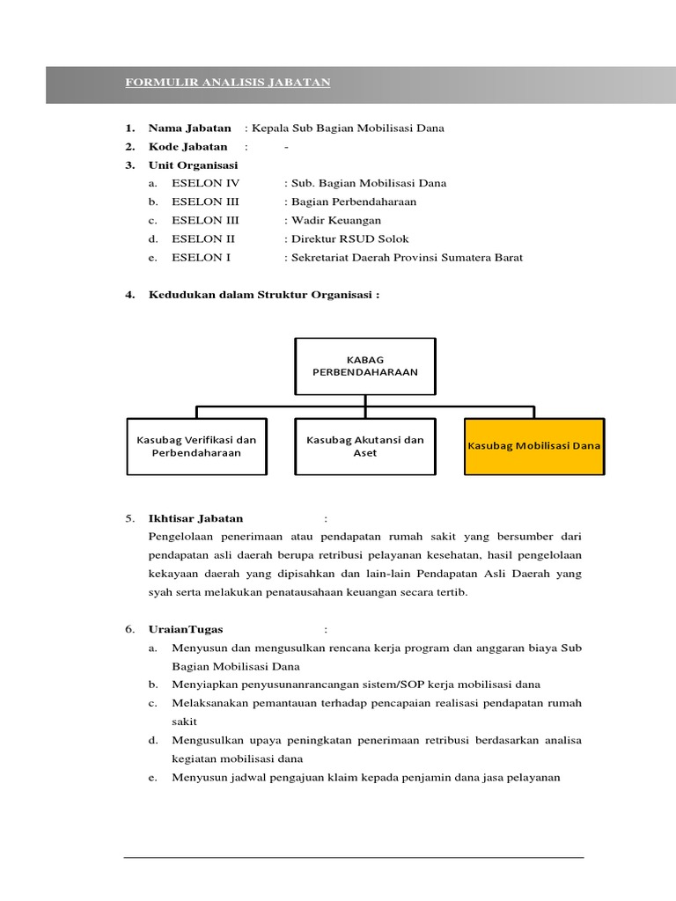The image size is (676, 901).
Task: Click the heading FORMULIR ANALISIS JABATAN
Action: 228,83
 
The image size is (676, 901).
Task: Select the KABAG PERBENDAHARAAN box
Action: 364,365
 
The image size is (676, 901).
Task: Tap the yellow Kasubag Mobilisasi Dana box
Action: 533,446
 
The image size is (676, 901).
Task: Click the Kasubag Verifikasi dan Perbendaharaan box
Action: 196,446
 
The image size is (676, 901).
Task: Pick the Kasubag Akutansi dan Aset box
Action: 364,446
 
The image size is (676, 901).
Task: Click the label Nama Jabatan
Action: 189,128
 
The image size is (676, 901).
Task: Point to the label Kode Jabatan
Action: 187,146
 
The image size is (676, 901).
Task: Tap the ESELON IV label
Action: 205,183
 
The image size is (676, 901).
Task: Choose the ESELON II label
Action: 203,238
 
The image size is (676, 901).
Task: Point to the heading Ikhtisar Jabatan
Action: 195,518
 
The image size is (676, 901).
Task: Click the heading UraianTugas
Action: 186,629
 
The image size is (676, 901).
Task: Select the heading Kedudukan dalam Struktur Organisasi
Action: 263,295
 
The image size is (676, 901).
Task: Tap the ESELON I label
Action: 202,257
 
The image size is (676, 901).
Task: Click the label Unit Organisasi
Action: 193,165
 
